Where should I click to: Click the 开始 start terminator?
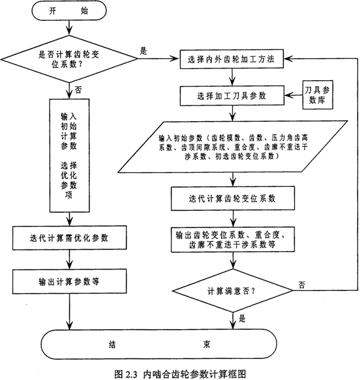68,11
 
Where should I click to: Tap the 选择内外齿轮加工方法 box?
233,58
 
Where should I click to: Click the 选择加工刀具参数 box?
233,95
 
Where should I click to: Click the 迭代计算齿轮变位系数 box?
233,197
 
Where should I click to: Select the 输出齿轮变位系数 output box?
233,239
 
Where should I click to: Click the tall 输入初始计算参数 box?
69,155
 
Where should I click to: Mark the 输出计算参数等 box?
69,280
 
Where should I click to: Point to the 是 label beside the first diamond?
143,50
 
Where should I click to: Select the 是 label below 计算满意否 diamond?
242,318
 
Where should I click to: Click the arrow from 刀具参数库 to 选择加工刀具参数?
291,95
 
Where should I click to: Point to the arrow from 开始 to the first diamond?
68,28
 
